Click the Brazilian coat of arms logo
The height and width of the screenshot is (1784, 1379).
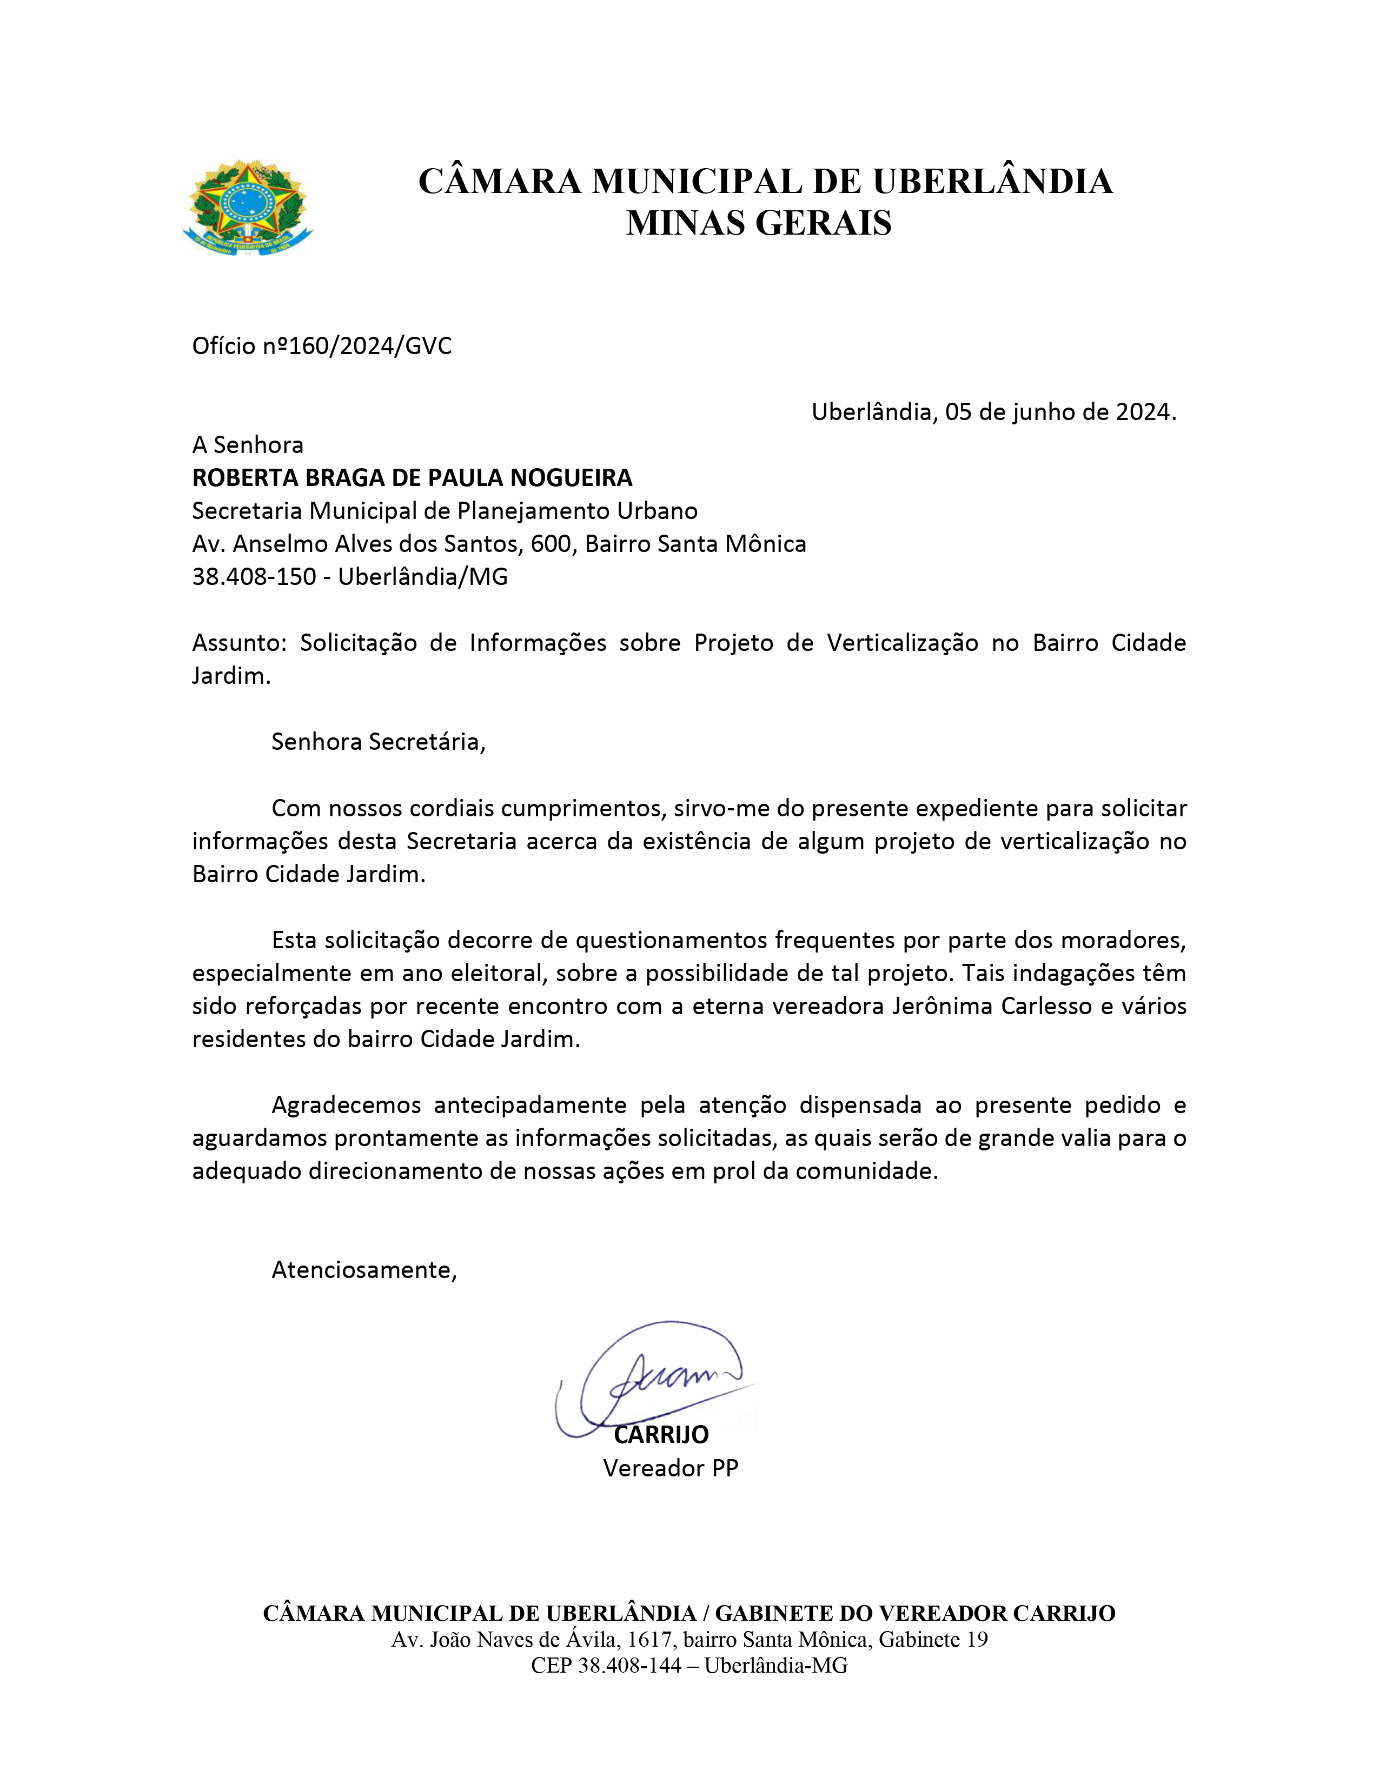[x=247, y=208]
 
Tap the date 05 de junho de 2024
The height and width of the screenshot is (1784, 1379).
[x=1059, y=412]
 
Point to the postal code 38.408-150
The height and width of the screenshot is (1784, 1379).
[x=253, y=577]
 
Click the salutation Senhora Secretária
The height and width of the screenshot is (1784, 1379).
[x=377, y=742]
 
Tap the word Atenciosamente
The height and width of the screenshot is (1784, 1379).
[x=363, y=1269]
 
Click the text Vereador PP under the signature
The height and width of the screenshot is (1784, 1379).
[x=670, y=1468]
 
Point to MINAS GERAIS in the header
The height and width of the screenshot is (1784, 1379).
[x=758, y=222]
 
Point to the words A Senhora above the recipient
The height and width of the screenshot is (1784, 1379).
[x=248, y=444]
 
